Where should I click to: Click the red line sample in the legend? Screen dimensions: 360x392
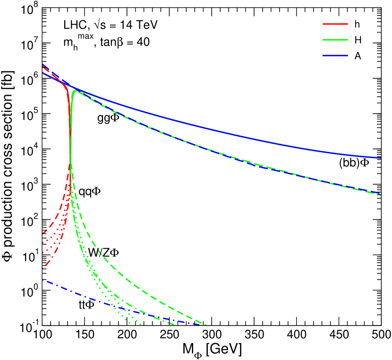(335, 24)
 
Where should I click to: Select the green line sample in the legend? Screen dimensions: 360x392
(335, 40)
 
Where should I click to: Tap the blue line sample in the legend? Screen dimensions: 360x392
(335, 56)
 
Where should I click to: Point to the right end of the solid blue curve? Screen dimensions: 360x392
(381, 158)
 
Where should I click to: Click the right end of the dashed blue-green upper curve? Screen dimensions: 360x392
(381, 194)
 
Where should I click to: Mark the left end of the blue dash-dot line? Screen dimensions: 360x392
(43, 280)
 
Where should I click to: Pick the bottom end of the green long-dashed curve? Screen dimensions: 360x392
(206, 325)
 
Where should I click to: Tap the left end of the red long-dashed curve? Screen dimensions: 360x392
(43, 233)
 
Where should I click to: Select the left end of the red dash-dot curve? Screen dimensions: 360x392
(43, 268)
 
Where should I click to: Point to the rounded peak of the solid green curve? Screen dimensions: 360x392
(75, 91)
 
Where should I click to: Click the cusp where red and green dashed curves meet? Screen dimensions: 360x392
(70, 163)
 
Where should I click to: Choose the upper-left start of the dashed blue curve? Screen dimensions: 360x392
(43, 64)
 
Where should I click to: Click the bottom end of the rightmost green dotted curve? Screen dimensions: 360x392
(141, 325)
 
